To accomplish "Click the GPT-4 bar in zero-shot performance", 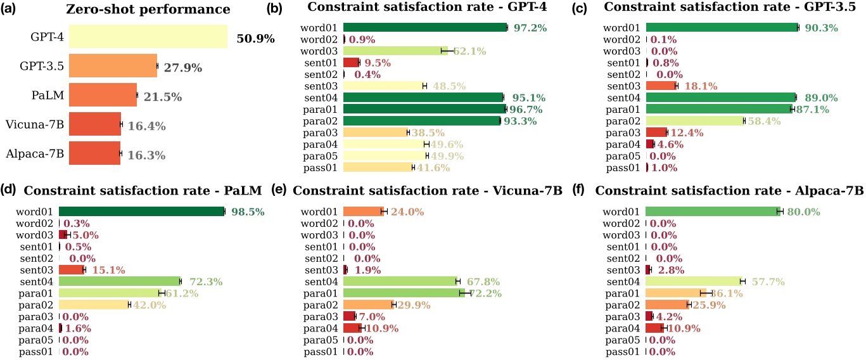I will click(148, 37).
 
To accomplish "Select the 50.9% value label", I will click(255, 39).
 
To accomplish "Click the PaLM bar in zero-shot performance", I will click(103, 96).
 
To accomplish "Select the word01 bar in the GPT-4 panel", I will click(425, 27).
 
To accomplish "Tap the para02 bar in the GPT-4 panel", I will click(421, 120).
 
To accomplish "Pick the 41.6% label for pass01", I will click(434, 167).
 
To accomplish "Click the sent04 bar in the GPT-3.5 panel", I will click(721, 97).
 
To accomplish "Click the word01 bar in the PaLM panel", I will click(141, 211).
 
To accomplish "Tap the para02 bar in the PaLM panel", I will click(94, 304).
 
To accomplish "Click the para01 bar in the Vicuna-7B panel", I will click(404, 293).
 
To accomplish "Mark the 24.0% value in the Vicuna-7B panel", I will click(407, 212).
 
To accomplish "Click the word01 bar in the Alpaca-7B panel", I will click(713, 211).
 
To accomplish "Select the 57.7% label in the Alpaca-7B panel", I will click(767, 281).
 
